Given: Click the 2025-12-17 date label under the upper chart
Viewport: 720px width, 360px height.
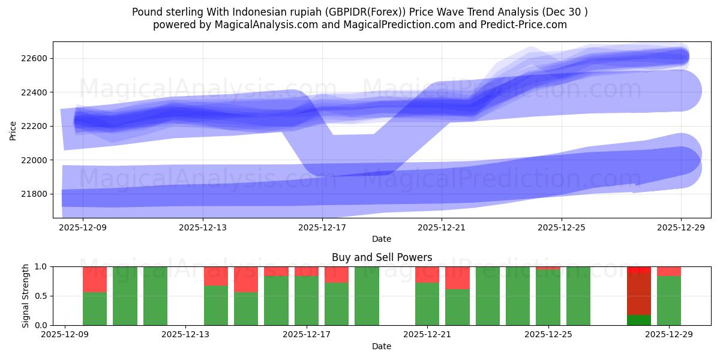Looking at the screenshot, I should pyautogui.click(x=322, y=227).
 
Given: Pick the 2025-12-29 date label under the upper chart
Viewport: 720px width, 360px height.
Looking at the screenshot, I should pyautogui.click(x=681, y=227).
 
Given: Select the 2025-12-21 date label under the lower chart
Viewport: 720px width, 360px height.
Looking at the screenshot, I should pyautogui.click(x=427, y=335).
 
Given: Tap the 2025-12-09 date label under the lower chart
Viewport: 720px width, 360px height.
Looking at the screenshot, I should pyautogui.click(x=65, y=335).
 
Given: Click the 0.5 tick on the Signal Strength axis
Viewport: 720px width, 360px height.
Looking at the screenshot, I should pyautogui.click(x=41, y=296).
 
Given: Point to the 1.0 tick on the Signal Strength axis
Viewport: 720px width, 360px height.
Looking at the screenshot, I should pyautogui.click(x=41, y=266).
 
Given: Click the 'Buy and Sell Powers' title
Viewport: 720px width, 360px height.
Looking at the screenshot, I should pyautogui.click(x=382, y=257).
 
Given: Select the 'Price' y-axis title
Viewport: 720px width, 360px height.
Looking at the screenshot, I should pyautogui.click(x=13, y=130).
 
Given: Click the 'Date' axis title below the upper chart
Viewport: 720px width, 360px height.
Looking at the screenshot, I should pyautogui.click(x=382, y=239).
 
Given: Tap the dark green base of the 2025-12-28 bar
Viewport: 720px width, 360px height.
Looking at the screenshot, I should pyautogui.click(x=639, y=320).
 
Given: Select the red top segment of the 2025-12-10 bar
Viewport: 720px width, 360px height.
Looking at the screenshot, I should pyautogui.click(x=95, y=279).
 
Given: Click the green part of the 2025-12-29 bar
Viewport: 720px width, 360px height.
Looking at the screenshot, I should pyautogui.click(x=669, y=300).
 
